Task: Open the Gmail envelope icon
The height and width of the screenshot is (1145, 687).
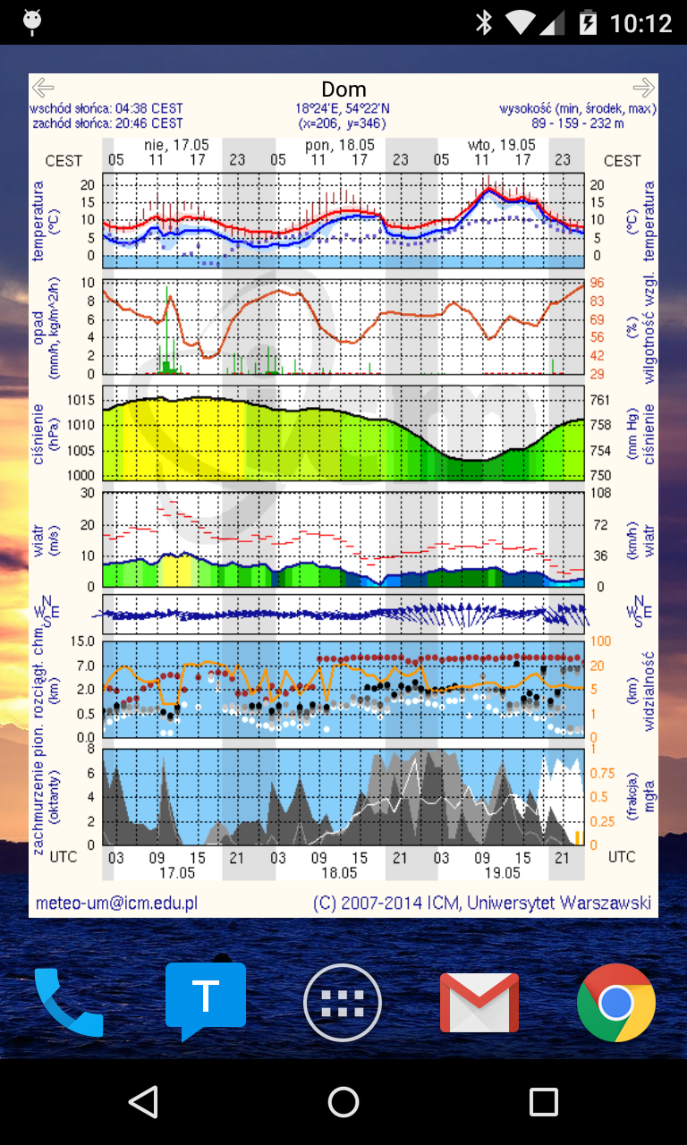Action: click(479, 1002)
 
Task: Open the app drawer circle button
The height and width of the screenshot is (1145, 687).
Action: click(343, 1003)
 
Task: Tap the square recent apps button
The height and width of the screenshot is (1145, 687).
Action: click(543, 1102)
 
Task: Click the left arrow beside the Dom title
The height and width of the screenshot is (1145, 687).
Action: click(42, 88)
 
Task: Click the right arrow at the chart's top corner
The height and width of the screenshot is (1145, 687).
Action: click(643, 88)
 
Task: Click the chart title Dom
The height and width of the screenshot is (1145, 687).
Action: click(343, 89)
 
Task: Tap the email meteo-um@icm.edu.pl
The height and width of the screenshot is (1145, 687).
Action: click(116, 903)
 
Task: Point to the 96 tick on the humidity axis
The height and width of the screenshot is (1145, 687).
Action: click(598, 284)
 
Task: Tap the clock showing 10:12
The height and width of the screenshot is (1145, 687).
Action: click(640, 23)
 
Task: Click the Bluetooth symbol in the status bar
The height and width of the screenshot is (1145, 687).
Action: click(484, 23)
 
